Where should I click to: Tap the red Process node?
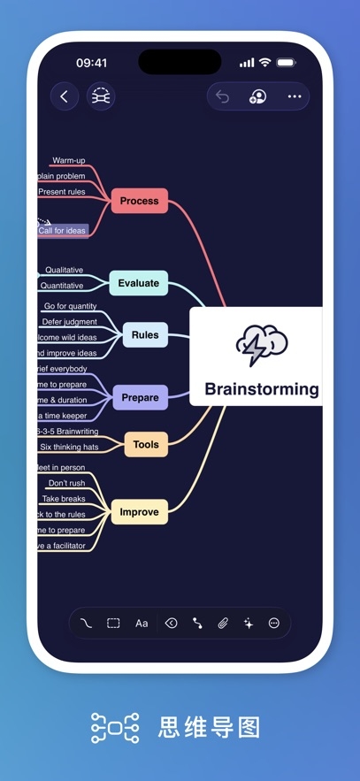pos(139,201)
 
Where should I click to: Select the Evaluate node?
pos(139,283)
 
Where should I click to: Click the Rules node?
pos(145,335)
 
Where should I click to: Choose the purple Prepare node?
pos(140,398)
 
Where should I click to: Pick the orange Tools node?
pos(146,444)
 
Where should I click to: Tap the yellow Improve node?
pos(139,512)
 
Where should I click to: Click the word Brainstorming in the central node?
pos(261,389)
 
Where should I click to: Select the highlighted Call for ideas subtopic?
pos(62,231)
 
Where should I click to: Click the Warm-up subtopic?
pos(68,161)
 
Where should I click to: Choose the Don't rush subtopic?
pos(66,483)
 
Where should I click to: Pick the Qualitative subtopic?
pos(64,270)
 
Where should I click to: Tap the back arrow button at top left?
pos(64,96)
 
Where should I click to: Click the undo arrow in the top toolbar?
pos(222,96)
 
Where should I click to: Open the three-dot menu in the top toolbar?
pos(295,96)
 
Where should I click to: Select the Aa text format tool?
pos(142,624)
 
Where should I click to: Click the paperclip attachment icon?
pos(223,624)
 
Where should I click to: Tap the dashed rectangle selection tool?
pos(113,624)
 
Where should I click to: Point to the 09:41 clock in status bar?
pos(91,63)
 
